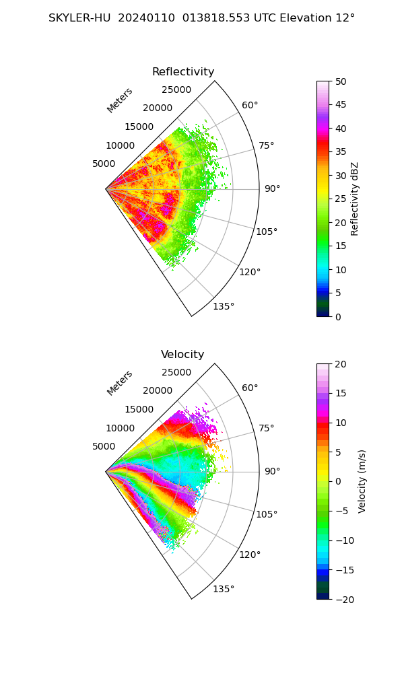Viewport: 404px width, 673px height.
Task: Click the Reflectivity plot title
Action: click(183, 72)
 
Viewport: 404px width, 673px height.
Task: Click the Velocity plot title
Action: click(182, 354)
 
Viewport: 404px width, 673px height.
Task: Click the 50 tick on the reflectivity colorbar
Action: click(341, 81)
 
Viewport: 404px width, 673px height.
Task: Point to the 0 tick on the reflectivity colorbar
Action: click(338, 317)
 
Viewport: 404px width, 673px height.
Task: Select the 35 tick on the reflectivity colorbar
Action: click(341, 151)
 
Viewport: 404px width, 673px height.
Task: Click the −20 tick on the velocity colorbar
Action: click(344, 600)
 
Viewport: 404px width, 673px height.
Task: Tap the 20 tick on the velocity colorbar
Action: click(341, 364)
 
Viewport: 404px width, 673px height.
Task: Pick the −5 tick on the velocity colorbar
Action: click(342, 511)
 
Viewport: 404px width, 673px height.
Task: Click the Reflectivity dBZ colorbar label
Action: click(354, 199)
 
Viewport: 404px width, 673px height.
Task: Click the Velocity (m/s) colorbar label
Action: click(362, 481)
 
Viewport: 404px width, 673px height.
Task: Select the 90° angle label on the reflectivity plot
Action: click(272, 188)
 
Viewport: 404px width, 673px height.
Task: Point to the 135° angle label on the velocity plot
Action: click(224, 589)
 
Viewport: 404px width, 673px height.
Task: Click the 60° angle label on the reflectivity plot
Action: click(250, 105)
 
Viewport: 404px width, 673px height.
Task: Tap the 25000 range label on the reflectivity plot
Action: click(176, 90)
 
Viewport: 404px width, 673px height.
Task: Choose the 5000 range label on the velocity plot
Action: click(104, 446)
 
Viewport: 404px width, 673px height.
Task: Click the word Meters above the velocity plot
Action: click(120, 384)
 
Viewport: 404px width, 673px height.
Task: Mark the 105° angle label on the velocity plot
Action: click(267, 514)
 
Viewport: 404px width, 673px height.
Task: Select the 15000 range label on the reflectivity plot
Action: click(139, 127)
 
